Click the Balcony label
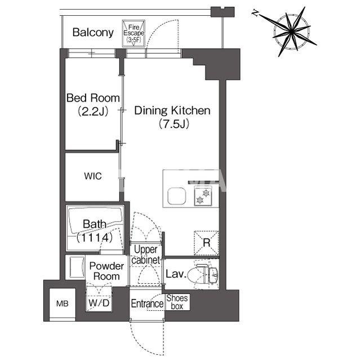tap(93, 32)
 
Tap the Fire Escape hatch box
tap(135, 33)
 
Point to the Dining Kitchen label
tap(172, 111)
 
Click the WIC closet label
tap(93, 177)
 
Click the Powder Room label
tap(106, 271)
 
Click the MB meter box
tap(61, 304)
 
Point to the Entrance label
tap(146, 304)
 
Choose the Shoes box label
tap(177, 302)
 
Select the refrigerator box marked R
tap(206, 243)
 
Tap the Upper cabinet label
tap(146, 254)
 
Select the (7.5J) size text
tap(172, 124)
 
